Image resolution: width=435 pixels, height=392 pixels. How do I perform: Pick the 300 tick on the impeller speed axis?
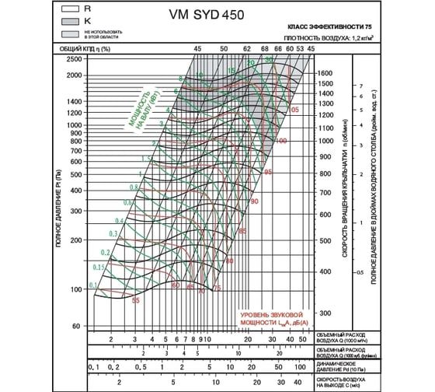pyautogui.click(x=326, y=302)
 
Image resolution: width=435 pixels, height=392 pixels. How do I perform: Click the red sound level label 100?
pyautogui.click(x=281, y=141)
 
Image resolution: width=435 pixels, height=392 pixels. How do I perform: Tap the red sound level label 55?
pyautogui.click(x=135, y=300)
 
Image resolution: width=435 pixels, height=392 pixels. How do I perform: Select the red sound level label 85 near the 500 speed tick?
pyautogui.click(x=267, y=171)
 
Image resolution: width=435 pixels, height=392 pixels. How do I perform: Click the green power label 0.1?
pyautogui.click(x=93, y=285)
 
